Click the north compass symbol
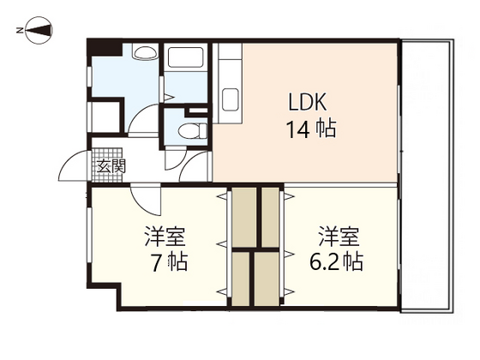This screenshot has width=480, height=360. [34, 32]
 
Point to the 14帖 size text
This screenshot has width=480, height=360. [309, 130]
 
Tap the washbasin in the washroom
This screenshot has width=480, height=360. [145, 54]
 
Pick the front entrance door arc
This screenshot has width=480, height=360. [67, 167]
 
